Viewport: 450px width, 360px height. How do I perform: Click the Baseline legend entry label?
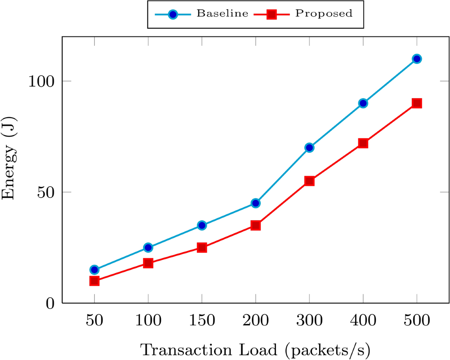(223, 14)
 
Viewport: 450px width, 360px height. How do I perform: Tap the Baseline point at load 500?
(417, 59)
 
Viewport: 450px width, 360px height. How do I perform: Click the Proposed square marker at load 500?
(417, 103)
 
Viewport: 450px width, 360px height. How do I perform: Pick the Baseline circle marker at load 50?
(94, 270)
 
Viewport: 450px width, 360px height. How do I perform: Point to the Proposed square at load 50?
(94, 281)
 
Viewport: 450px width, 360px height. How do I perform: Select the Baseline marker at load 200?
(256, 203)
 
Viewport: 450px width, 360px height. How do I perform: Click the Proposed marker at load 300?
(309, 181)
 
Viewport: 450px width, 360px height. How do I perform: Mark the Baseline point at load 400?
(363, 103)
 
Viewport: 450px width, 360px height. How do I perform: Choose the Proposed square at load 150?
(202, 247)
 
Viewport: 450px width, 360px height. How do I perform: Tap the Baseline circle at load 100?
(148, 247)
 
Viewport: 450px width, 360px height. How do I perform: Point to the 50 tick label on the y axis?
(46, 192)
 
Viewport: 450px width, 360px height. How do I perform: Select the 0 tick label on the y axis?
(50, 303)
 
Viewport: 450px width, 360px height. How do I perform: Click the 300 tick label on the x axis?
(309, 321)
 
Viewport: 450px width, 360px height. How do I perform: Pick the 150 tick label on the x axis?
(202, 321)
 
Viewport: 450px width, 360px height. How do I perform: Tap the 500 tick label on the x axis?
(417, 321)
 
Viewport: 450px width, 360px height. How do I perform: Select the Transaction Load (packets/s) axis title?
(255, 350)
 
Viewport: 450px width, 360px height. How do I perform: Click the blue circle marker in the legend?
(173, 14)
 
